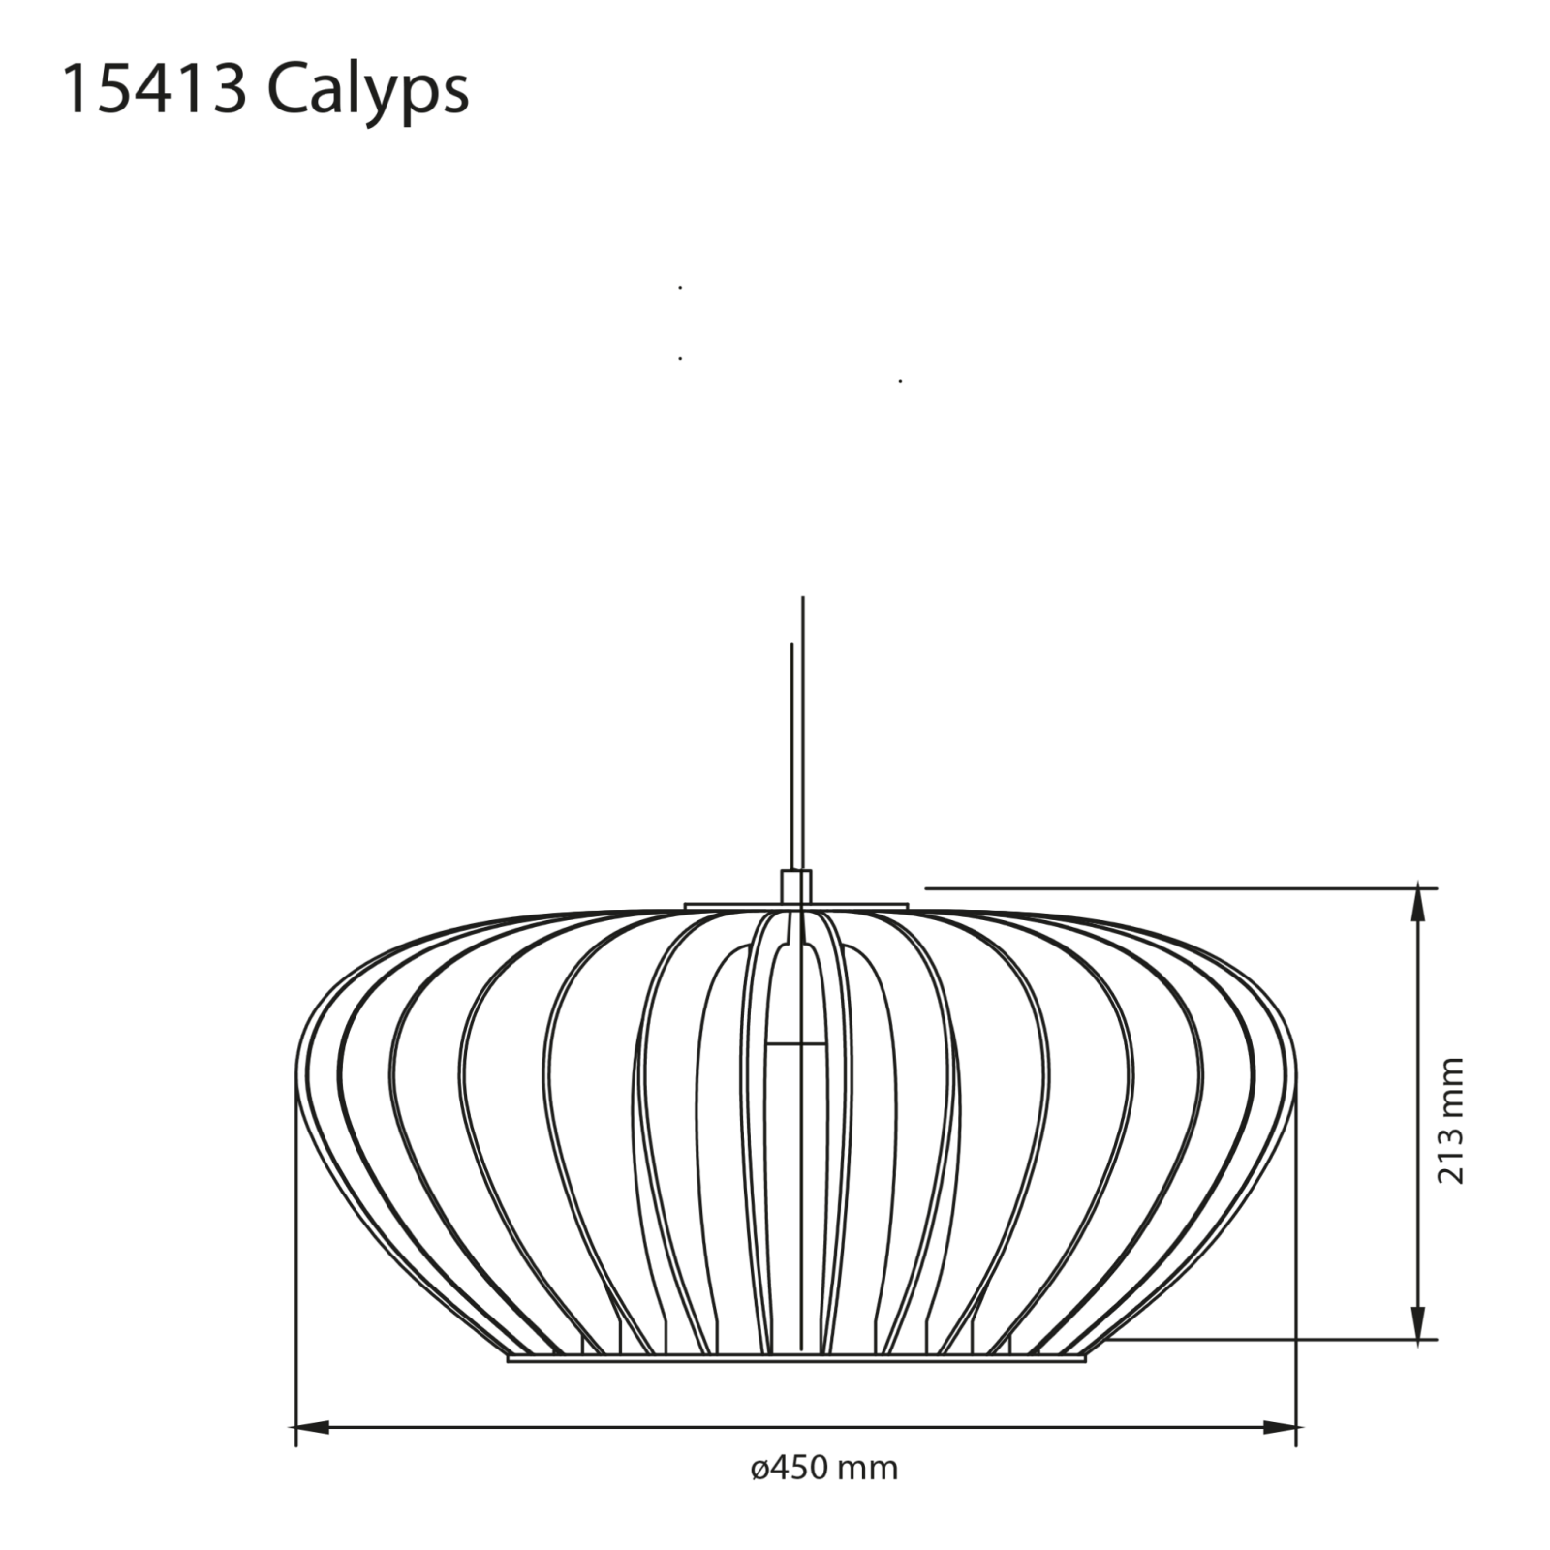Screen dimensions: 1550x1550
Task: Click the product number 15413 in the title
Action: pyautogui.click(x=153, y=90)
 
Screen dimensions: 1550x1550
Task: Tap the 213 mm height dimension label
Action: pyautogui.click(x=1450, y=1120)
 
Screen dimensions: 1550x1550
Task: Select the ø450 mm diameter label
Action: pyautogui.click(x=824, y=1468)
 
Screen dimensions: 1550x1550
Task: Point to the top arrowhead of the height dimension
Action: pyautogui.click(x=1420, y=904)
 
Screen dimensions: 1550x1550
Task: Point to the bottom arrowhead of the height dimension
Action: pyautogui.click(x=1420, y=1323)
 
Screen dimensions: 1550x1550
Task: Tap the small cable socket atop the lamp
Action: pyautogui.click(x=796, y=886)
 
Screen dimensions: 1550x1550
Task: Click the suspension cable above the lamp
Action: pyautogui.click(x=802, y=736)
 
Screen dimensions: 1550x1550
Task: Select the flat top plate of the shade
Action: pyautogui.click(x=796, y=907)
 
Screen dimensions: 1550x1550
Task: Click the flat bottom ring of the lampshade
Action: pyautogui.click(x=796, y=1358)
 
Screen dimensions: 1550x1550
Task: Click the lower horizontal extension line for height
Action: pyautogui.click(x=1259, y=1341)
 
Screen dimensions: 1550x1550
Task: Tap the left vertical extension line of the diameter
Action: pyautogui.click(x=294, y=1259)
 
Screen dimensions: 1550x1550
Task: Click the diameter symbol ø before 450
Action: pyautogui.click(x=759, y=1469)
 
